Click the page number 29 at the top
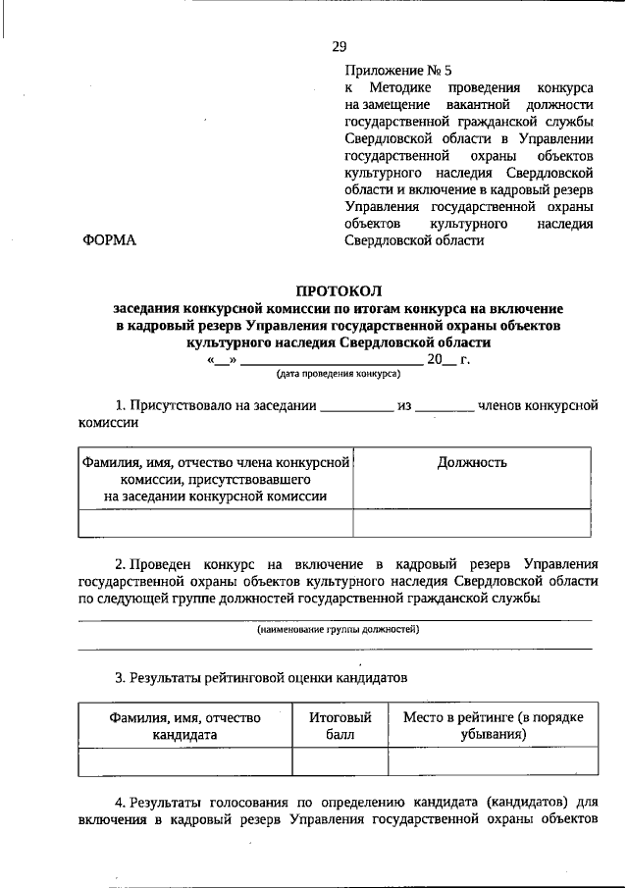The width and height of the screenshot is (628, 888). [339, 46]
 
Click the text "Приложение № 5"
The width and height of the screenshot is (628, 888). [397, 71]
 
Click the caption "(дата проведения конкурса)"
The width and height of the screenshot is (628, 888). [337, 374]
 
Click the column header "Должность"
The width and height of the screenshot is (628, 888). [472, 463]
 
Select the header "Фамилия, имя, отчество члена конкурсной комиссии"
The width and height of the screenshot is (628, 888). [216, 479]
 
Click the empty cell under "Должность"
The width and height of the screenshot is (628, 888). [472, 524]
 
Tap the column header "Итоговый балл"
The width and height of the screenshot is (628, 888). [334, 725]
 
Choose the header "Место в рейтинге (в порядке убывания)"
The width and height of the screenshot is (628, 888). [493, 725]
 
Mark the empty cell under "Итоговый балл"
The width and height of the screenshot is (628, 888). [334, 762]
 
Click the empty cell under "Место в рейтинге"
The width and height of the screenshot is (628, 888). [493, 762]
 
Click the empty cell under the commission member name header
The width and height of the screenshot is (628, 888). [216, 524]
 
